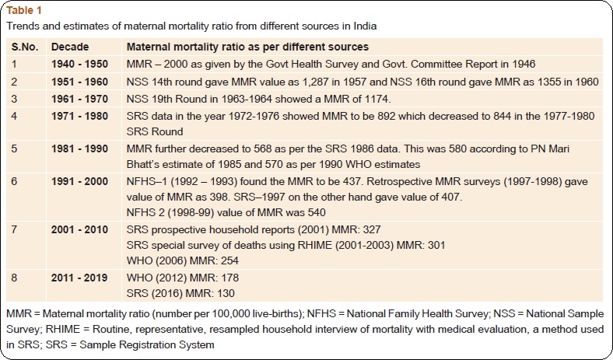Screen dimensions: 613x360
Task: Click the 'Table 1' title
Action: [x=24, y=10]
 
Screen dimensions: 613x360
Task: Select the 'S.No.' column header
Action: [x=25, y=47]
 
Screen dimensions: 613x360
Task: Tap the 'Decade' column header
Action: [x=70, y=47]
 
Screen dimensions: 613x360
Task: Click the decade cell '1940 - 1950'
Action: [x=79, y=64]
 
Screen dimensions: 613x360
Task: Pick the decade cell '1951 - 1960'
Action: [x=79, y=82]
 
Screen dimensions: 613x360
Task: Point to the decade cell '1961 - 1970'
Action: [x=79, y=99]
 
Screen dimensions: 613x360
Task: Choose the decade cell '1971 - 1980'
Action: [x=79, y=116]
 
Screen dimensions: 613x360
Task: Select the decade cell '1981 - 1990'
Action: [x=79, y=149]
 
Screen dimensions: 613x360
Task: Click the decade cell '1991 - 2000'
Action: [x=79, y=182]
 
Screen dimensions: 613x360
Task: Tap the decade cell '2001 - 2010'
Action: [x=79, y=229]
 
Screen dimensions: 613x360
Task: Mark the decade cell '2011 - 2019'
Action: [x=79, y=278]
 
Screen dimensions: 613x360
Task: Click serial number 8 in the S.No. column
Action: [x=15, y=278]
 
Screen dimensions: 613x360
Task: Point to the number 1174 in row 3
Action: [x=377, y=99]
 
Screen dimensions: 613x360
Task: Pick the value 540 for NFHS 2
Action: [x=317, y=212]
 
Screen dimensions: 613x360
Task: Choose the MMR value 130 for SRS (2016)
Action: [x=226, y=293]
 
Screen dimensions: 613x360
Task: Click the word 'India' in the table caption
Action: [x=365, y=26]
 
